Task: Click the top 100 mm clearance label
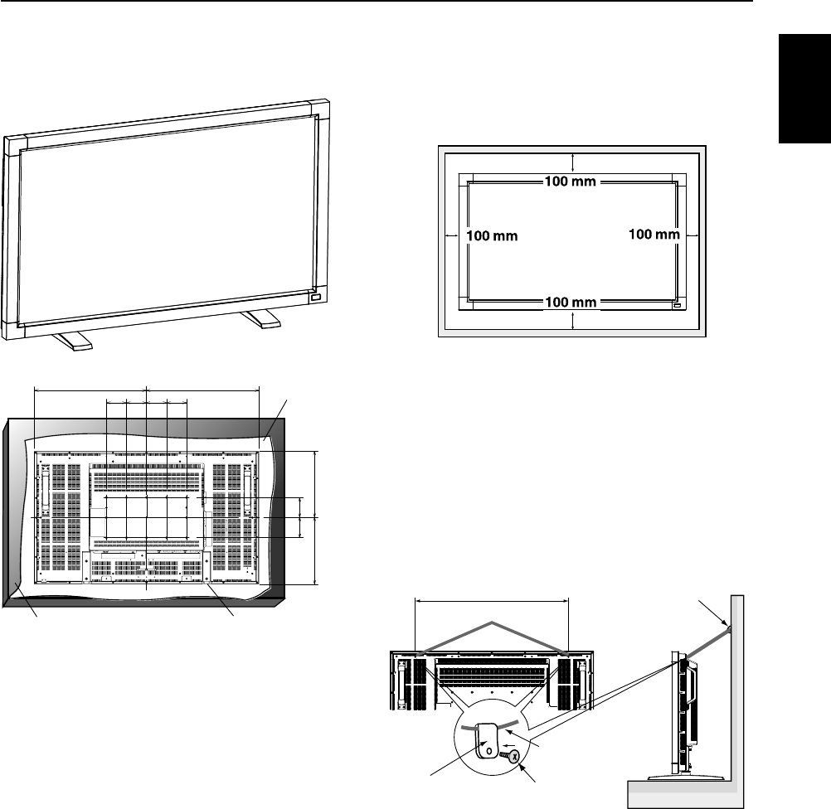(570, 182)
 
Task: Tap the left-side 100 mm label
(492, 235)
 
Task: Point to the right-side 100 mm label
(654, 235)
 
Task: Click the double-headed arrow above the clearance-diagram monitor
(572, 164)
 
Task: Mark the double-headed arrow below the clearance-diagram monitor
(572, 318)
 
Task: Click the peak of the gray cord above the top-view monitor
(494, 622)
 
